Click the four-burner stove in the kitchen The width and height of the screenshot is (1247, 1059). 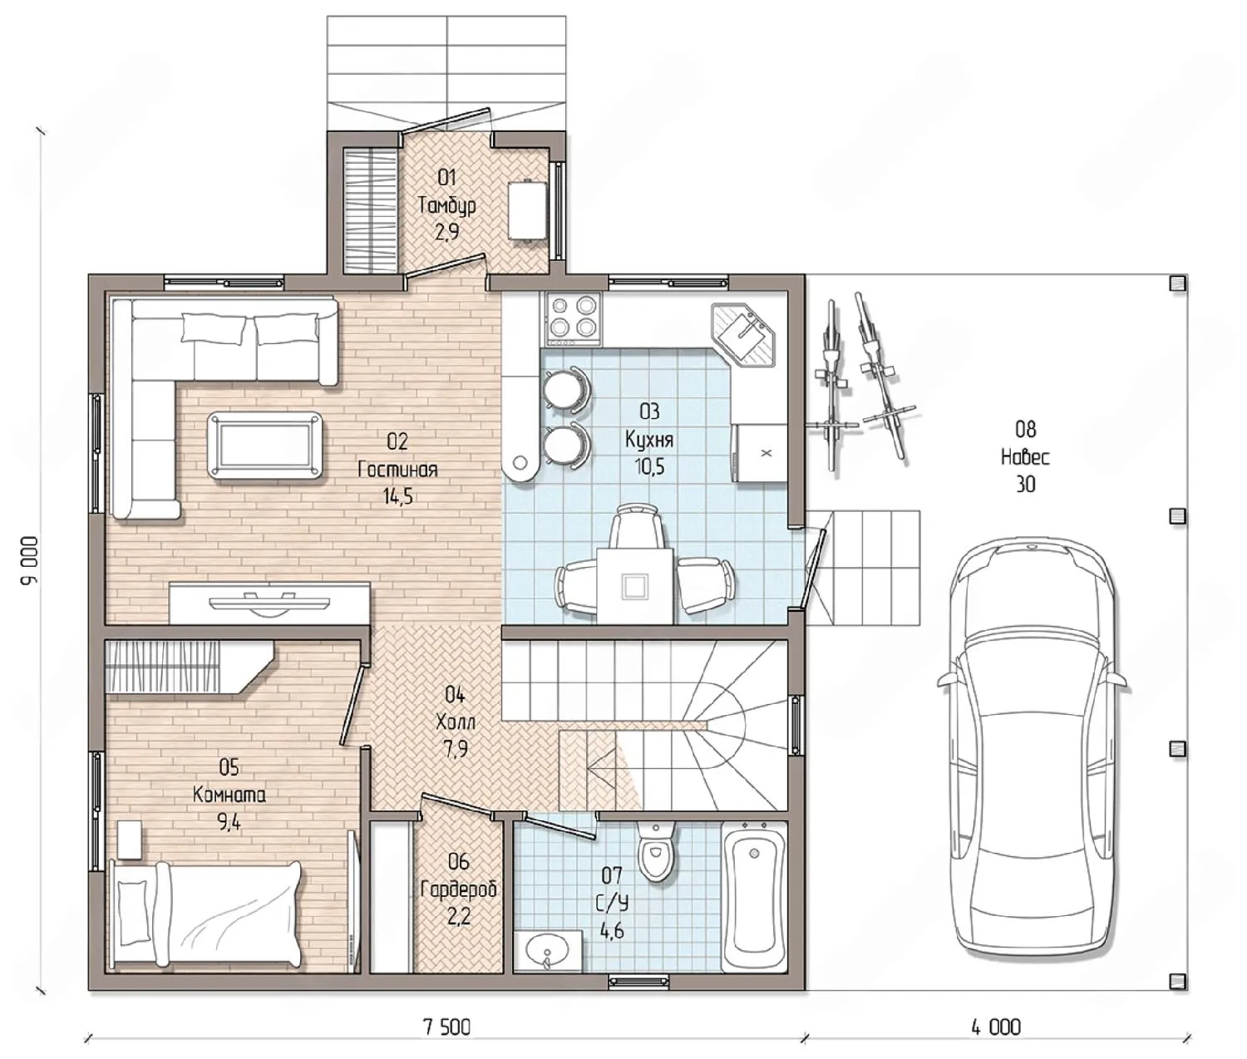point(573,318)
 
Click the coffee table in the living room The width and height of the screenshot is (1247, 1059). point(264,445)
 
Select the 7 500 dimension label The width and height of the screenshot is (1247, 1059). point(446,1027)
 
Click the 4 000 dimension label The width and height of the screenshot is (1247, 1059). point(995,1027)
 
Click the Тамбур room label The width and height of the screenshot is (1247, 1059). point(447,205)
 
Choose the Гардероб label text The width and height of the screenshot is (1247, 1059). point(460,890)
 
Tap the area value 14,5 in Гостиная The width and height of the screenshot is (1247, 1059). point(397,496)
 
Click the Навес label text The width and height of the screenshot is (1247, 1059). point(1026,456)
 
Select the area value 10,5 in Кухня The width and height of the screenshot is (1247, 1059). point(649,466)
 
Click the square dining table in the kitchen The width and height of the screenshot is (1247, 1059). point(635,585)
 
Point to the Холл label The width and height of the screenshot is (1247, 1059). point(456,722)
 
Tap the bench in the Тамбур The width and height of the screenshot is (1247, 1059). point(528,209)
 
